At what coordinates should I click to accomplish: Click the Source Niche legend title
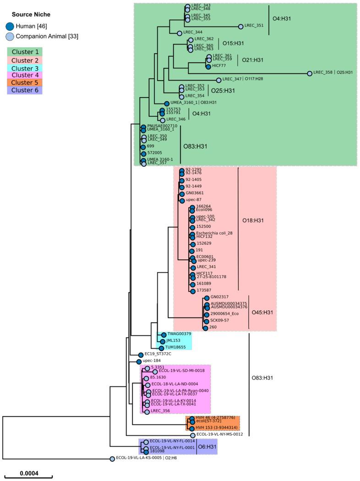click(31, 15)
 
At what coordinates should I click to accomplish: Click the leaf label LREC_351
click(254, 26)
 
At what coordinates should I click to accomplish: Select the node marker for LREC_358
click(310, 73)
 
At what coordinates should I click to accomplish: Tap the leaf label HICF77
click(219, 66)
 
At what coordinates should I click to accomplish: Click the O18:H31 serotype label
click(260, 220)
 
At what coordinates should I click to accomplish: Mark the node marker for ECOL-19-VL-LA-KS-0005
click(112, 459)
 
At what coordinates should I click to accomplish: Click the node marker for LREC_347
click(218, 80)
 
